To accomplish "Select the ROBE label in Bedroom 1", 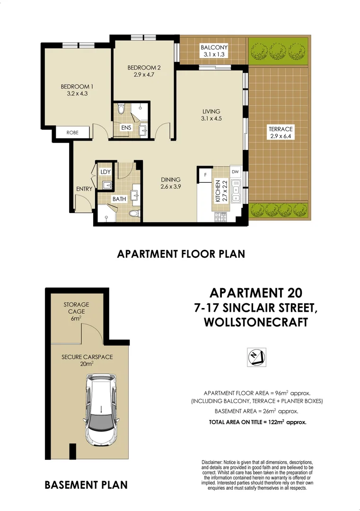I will pyautogui.click(x=72, y=133).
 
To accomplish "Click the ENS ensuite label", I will pyautogui.click(x=126, y=128).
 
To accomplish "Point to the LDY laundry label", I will pyautogui.click(x=105, y=171).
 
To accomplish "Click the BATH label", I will pyautogui.click(x=119, y=199).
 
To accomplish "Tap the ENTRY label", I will pyautogui.click(x=84, y=189).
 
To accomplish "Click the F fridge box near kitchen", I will pyautogui.click(x=205, y=174).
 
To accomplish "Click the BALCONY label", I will pyautogui.click(x=214, y=47).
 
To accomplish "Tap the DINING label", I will pyautogui.click(x=170, y=179).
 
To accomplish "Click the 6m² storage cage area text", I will pyautogui.click(x=76, y=318).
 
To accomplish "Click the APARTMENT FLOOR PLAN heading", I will pyautogui.click(x=181, y=254).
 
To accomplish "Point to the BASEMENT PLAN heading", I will pyautogui.click(x=86, y=485).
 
